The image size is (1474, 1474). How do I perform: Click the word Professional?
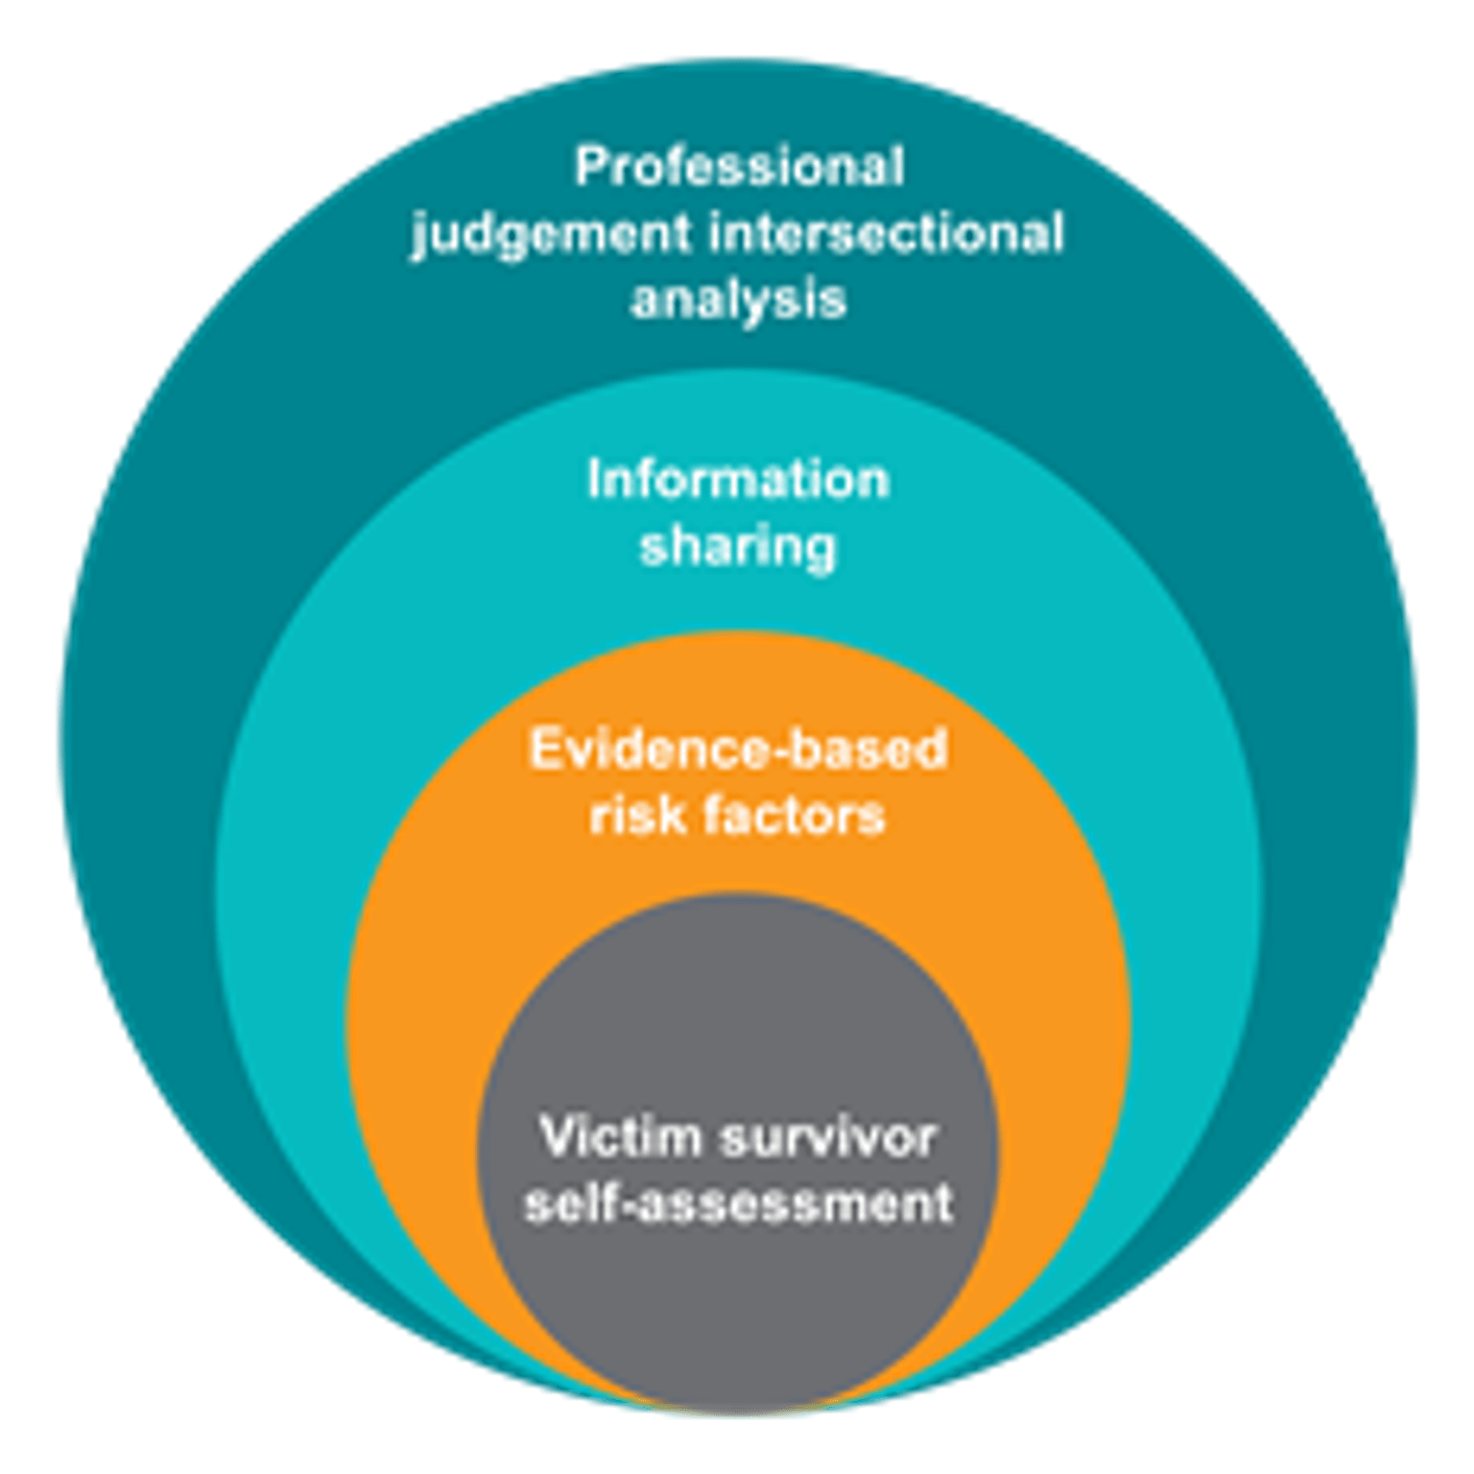pos(739,168)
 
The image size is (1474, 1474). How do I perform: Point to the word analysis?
pos(738,298)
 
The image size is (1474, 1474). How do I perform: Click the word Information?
pos(738,480)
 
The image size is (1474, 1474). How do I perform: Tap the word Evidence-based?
pos(738,749)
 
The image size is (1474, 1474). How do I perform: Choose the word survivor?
pos(826,1138)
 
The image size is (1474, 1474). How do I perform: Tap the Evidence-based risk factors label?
pos(738,782)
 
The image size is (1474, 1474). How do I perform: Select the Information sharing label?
pos(738,513)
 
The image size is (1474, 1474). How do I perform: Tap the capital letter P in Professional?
pos(589,168)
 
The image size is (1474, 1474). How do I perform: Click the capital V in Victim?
pos(556,1138)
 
